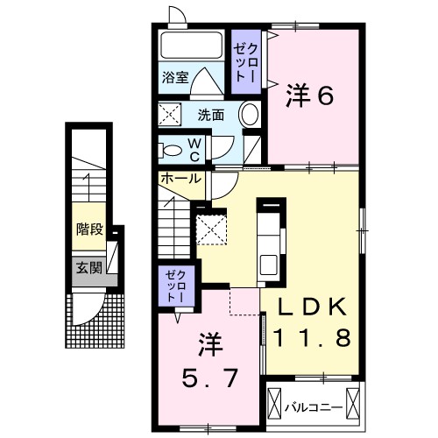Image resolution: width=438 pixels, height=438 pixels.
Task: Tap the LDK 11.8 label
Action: (x=313, y=321)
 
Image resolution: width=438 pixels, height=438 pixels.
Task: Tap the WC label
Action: (x=194, y=150)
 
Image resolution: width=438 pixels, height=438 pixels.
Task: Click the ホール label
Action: (x=180, y=178)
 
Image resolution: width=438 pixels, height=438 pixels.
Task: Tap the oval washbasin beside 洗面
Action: (x=250, y=114)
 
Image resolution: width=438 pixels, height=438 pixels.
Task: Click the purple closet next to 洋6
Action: (x=244, y=62)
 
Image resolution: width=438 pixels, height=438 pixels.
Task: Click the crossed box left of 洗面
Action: (x=171, y=114)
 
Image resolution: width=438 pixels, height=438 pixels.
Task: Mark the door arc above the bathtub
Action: (x=175, y=17)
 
